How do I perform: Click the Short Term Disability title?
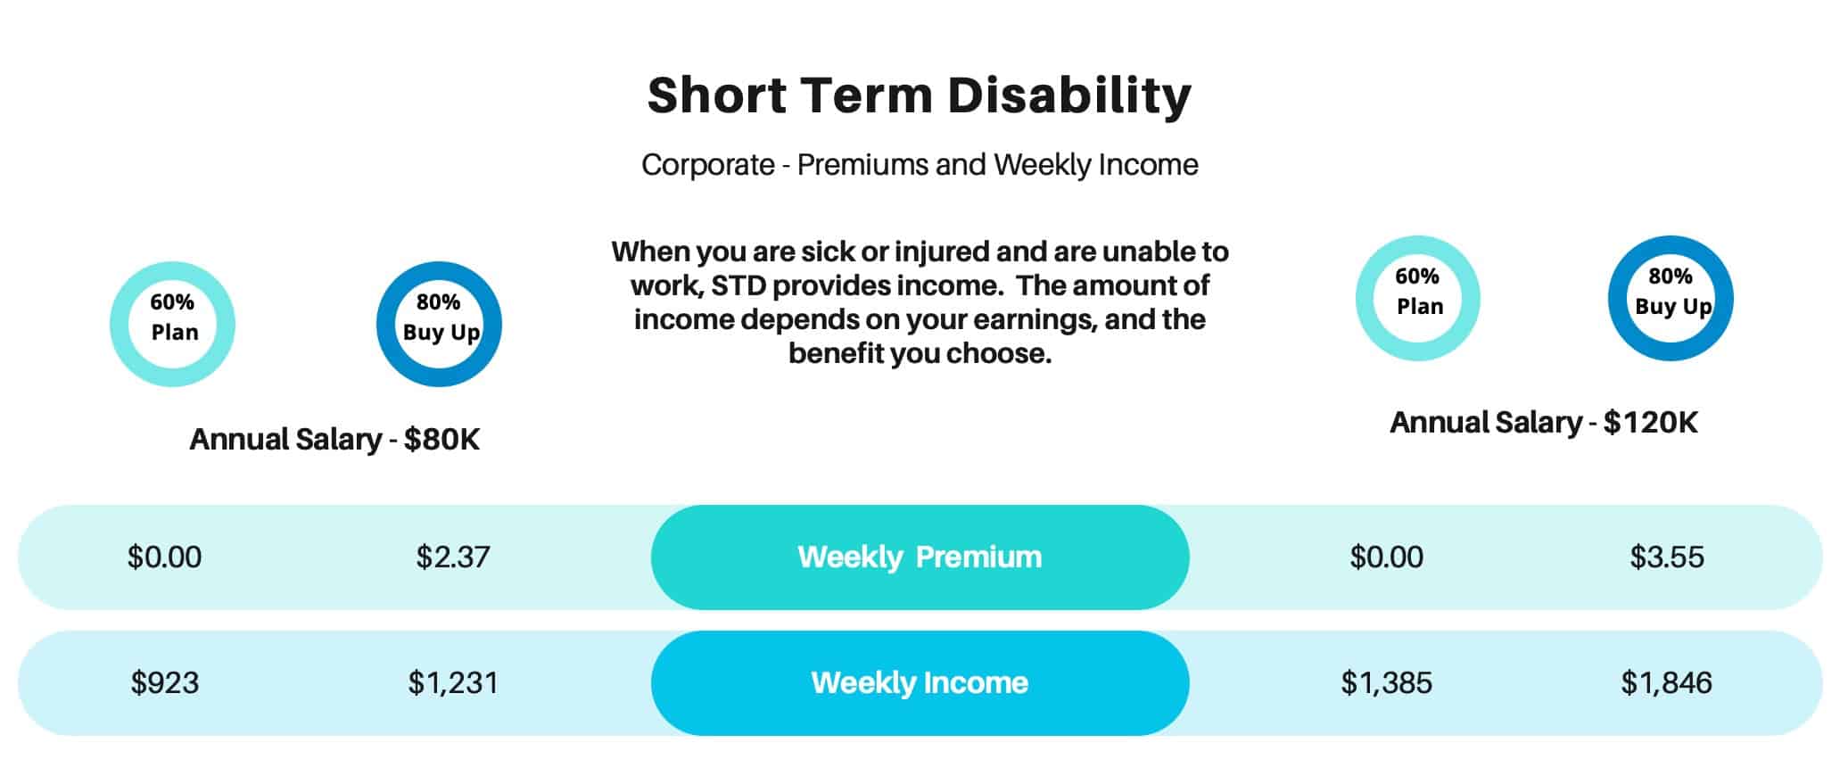click(x=920, y=95)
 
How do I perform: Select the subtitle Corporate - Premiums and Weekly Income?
click(x=920, y=165)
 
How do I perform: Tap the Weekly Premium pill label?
click(x=920, y=557)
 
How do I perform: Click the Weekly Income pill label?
click(x=920, y=682)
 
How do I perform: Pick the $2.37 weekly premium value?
click(x=453, y=557)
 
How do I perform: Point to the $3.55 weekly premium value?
click(x=1667, y=557)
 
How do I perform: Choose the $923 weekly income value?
click(x=165, y=682)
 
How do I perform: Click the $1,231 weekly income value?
click(x=453, y=682)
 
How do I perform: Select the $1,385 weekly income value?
click(x=1387, y=682)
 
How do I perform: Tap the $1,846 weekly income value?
click(x=1667, y=682)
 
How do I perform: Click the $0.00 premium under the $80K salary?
click(x=165, y=557)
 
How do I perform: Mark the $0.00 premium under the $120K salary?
click(x=1387, y=557)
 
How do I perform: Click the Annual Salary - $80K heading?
click(x=334, y=439)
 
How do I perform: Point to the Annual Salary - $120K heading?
click(x=1544, y=422)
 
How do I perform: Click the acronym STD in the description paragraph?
click(x=740, y=285)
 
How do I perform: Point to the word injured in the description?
click(x=942, y=252)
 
